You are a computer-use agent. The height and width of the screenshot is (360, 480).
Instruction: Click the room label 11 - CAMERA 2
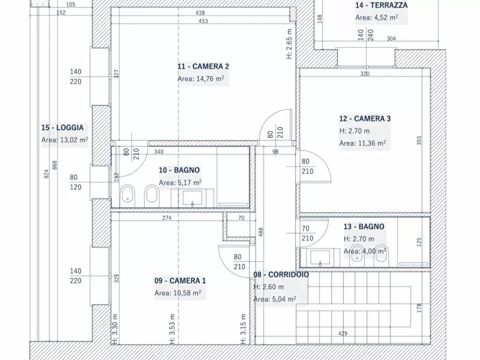tap(203, 67)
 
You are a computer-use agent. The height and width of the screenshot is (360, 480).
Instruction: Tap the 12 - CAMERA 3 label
tap(364, 119)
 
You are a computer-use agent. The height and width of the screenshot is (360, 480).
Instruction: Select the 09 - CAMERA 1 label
tap(180, 281)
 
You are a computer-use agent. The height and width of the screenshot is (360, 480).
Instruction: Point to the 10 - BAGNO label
tap(179, 170)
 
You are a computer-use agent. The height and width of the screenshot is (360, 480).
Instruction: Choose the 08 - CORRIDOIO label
tap(281, 275)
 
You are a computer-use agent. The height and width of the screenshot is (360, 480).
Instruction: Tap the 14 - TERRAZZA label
tap(381, 5)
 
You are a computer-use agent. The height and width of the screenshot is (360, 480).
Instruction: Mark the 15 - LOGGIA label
tap(62, 128)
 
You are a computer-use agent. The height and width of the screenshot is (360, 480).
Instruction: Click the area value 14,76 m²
tap(200, 78)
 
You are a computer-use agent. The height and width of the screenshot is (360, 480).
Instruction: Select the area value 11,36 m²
tap(362, 143)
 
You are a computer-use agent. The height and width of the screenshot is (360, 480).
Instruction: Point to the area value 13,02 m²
tap(65, 140)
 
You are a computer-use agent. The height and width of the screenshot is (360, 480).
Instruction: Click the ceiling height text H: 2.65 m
tap(289, 44)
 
